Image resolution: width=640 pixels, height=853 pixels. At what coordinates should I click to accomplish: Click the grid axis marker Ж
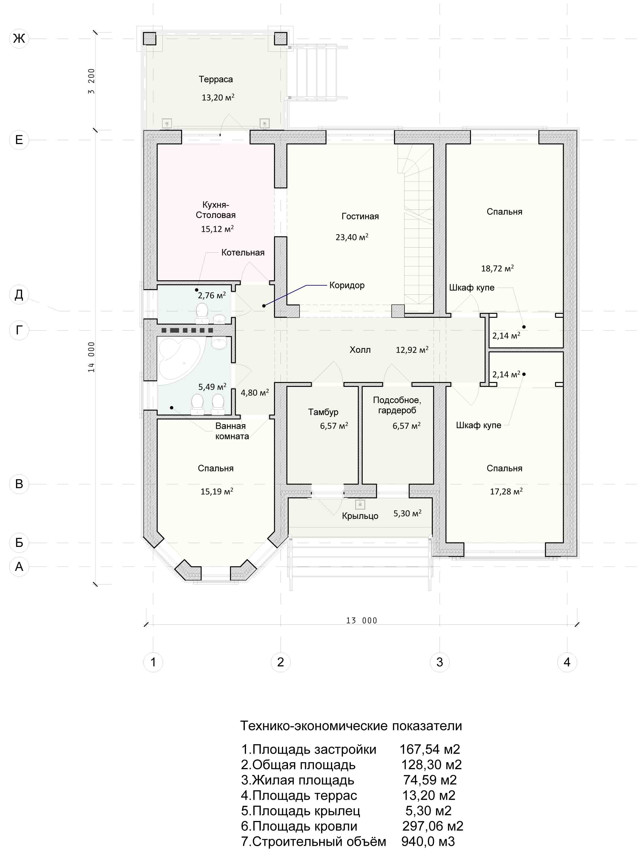[19, 39]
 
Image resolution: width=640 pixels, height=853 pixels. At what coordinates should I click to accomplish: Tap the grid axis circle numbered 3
[439, 662]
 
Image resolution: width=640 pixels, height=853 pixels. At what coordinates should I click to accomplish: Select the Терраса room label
[216, 79]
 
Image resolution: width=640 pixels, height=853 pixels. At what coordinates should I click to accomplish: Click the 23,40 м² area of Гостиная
[352, 237]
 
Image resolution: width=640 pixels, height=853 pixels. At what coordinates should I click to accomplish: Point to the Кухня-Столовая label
[216, 210]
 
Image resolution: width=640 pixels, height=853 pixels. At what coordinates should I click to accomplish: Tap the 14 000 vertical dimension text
[91, 357]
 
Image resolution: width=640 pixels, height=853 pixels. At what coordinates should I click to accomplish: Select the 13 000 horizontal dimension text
[361, 620]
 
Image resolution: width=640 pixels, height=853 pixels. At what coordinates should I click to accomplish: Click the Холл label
[360, 350]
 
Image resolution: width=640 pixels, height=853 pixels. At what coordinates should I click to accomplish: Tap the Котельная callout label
[243, 253]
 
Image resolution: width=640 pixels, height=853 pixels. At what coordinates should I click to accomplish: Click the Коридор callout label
[347, 285]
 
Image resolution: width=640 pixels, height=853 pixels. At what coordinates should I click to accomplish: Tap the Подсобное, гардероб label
[397, 405]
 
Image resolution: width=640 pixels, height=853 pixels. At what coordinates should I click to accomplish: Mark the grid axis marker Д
[19, 295]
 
